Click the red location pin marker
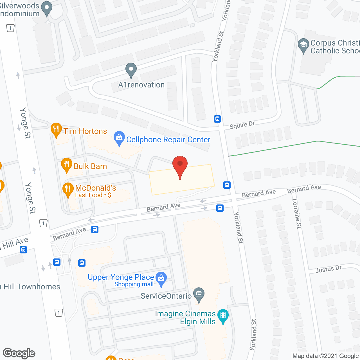coord(180,165)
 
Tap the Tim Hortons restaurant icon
coord(56,129)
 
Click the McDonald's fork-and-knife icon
coord(68,189)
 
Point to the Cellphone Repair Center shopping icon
coord(119,138)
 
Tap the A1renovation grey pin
coord(131,69)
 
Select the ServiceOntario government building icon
coord(199,294)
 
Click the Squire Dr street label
coord(242,125)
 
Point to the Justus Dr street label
coord(328,269)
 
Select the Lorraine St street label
coord(297,213)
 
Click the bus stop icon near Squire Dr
coord(217,119)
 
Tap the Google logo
coord(19,353)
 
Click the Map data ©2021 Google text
coord(326,356)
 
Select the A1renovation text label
coord(141,85)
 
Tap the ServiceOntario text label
coord(166,296)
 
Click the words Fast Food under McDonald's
coord(89,195)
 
